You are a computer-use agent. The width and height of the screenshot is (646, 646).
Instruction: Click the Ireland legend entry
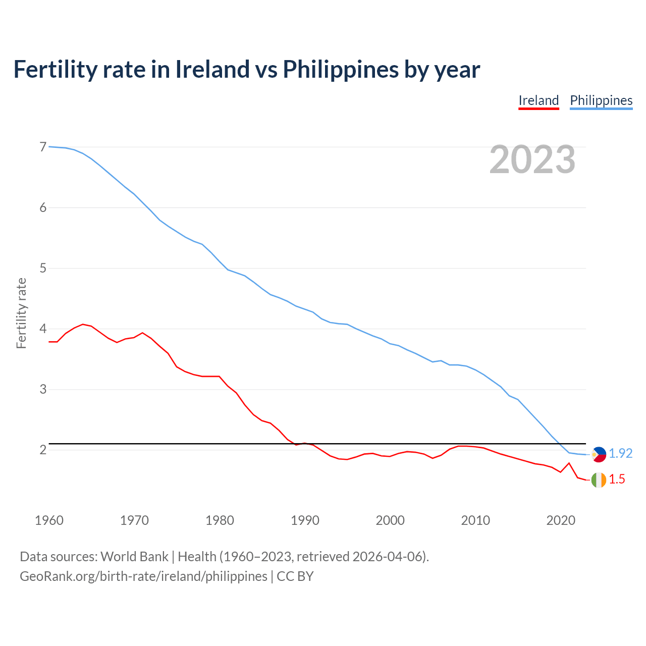tap(539, 100)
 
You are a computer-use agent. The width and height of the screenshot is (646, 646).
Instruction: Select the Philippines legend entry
tap(601, 100)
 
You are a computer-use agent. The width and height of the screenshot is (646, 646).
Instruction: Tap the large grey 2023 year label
tap(532, 159)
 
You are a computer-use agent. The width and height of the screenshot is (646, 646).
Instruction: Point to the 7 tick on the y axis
tap(43, 147)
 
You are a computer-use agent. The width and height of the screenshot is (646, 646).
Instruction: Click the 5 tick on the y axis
tap(43, 268)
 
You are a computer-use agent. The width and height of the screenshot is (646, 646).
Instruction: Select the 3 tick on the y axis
tap(43, 389)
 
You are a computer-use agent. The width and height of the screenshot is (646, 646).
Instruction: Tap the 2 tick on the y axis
tap(43, 450)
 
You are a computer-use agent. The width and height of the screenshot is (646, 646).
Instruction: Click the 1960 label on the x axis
tap(49, 520)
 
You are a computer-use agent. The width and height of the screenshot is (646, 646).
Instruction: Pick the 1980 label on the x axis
tap(220, 520)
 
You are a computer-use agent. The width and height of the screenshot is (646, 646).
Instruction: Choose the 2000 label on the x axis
tap(390, 520)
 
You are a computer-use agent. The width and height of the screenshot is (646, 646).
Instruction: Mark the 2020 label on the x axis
tap(561, 520)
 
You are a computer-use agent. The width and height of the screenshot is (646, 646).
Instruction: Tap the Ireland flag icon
tap(599, 480)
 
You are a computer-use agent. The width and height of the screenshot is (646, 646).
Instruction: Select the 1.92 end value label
tap(620, 454)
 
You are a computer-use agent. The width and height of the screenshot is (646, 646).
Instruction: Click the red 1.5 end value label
tap(617, 479)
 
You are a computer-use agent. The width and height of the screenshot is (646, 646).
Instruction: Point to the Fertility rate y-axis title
tap(21, 313)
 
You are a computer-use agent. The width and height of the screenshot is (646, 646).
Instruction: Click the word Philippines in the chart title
tap(340, 70)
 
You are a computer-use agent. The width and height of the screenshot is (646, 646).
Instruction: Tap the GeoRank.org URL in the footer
tap(143, 576)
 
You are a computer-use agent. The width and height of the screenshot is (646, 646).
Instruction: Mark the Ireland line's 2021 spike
tap(569, 463)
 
